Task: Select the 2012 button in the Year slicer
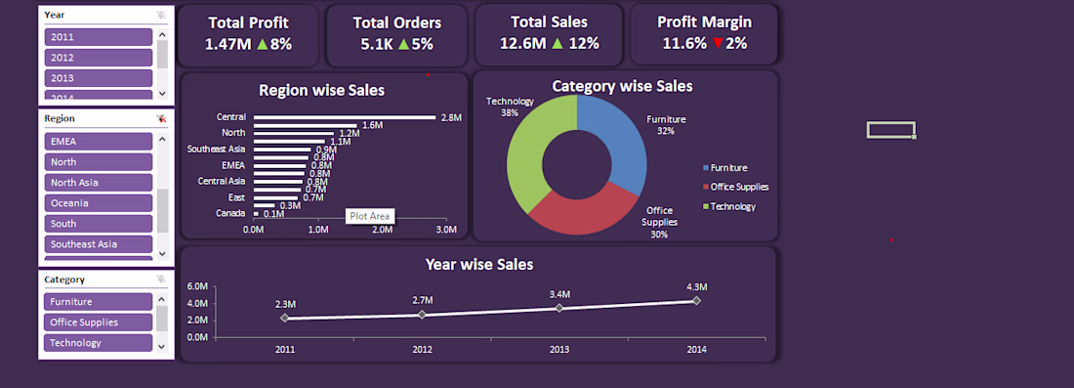tap(98, 58)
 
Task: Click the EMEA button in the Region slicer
tap(98, 141)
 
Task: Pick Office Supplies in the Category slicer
tap(98, 323)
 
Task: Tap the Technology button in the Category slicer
tap(98, 343)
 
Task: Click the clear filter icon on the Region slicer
tap(161, 118)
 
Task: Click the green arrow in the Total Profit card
tap(263, 44)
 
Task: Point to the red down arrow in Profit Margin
tap(718, 44)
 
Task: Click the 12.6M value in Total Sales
tap(522, 44)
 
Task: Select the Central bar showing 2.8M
tap(345, 117)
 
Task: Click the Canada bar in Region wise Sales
tap(256, 214)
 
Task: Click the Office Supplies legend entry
tap(735, 187)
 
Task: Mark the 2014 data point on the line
tap(696, 300)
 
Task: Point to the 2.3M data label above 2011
tap(286, 304)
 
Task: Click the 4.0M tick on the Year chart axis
tap(197, 303)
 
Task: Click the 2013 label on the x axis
tap(558, 350)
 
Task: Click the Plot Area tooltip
tap(370, 216)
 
